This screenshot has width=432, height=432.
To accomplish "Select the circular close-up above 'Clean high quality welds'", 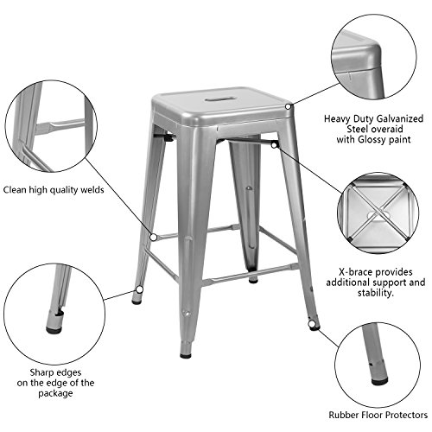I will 48,130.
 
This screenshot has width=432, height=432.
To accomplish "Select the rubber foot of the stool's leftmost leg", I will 137,301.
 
